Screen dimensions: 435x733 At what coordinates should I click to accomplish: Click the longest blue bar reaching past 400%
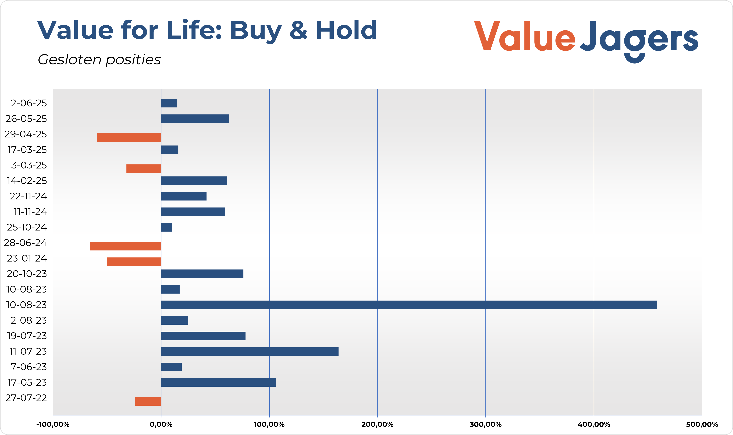coord(409,305)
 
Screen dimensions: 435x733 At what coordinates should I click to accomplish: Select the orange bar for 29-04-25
coord(129,137)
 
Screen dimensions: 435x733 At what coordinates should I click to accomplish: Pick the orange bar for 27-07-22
coord(148,401)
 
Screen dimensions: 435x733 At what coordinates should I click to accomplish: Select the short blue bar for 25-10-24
coord(166,227)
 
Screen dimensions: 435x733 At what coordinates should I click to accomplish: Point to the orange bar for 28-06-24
coord(125,246)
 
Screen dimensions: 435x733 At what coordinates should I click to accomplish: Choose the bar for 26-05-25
coord(195,119)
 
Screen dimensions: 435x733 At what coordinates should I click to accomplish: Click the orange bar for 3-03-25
coord(144,169)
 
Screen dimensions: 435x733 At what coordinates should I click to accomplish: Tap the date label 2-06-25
coord(29,103)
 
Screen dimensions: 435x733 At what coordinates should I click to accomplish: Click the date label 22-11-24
coord(28,196)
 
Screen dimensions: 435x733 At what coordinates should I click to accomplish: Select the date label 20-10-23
coord(27,274)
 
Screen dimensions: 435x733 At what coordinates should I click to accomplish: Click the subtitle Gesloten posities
coord(99,60)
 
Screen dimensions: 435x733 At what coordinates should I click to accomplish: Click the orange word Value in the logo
coord(525,37)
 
